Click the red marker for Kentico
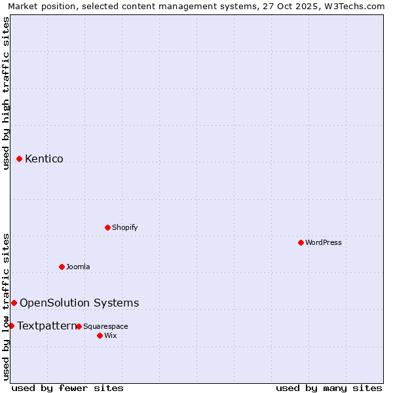click(x=20, y=159)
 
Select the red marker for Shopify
click(x=108, y=227)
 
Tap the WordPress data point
click(x=301, y=242)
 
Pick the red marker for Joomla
click(x=62, y=267)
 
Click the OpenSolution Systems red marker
click(x=14, y=303)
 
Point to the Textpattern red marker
click(x=11, y=326)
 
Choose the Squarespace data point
click(x=79, y=326)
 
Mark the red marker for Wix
click(x=100, y=335)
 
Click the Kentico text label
click(x=44, y=159)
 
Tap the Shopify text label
click(x=124, y=227)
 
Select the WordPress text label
click(x=323, y=242)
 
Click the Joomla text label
click(x=78, y=267)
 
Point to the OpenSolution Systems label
click(x=79, y=303)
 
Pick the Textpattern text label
click(x=47, y=326)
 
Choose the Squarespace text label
click(x=105, y=326)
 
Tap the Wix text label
click(x=110, y=335)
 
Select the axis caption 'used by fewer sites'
click(x=67, y=388)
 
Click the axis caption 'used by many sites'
click(x=329, y=388)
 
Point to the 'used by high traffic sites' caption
click(x=6, y=92)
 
